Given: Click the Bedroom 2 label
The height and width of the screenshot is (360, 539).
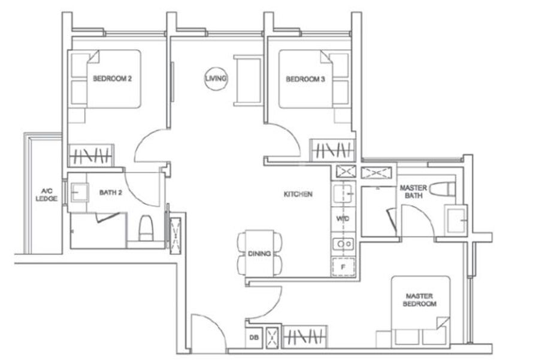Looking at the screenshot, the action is [112, 78].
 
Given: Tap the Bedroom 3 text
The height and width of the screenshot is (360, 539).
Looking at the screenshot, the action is [305, 79].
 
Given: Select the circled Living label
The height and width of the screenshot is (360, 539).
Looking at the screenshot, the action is [216, 78].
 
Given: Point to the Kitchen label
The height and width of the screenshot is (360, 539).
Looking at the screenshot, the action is [298, 194].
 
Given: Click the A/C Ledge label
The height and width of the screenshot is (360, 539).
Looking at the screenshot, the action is [46, 195].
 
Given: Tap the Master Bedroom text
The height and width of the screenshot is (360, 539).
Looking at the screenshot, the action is [420, 300].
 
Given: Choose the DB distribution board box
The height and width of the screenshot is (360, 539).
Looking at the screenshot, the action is [254, 338].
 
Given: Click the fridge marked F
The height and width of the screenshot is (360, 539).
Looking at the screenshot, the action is [343, 267].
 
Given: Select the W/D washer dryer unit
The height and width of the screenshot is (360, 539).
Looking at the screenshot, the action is [343, 219].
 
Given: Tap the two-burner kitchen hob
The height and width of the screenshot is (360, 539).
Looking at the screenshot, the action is [343, 244].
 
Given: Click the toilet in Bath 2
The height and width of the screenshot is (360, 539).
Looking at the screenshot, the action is [146, 228].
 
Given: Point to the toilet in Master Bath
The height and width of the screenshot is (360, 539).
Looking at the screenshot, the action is [443, 189].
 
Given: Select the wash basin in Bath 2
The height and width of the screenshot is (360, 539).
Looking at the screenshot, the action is [80, 192].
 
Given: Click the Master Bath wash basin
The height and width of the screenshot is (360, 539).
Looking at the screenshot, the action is [456, 220].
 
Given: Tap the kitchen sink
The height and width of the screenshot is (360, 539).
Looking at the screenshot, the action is [343, 194].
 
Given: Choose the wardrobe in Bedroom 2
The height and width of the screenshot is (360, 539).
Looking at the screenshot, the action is [91, 155].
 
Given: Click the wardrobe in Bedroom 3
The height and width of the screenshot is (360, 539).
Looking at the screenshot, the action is [332, 150].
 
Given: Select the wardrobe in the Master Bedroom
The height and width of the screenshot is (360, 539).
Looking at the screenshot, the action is [305, 337].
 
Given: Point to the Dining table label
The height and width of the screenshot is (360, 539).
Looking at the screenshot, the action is [259, 254].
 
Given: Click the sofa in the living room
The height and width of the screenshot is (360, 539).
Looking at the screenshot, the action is [248, 80].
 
